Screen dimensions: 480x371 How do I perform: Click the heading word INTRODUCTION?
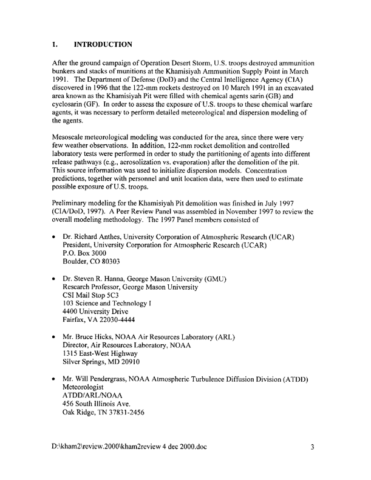[x=102, y=45]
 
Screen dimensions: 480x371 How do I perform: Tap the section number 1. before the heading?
[x=55, y=45]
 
